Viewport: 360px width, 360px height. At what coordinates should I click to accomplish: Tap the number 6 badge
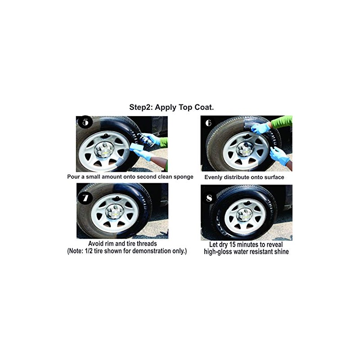[x=208, y=123]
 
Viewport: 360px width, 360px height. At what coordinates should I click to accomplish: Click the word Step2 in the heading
[x=140, y=108]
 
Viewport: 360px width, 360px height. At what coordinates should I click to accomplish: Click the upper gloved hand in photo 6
[x=260, y=128]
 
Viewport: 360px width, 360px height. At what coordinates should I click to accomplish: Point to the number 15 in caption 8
[x=238, y=244]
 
